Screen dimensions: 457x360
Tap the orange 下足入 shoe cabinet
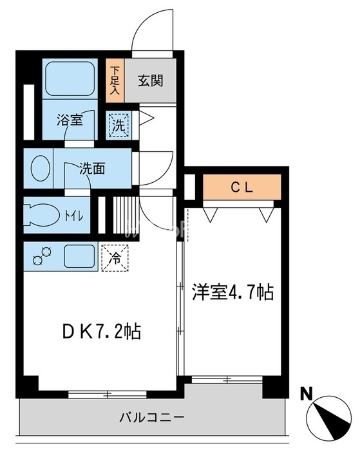click(115, 81)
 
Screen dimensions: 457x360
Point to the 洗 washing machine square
click(118, 125)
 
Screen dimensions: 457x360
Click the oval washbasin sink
click(39, 168)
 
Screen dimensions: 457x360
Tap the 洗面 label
click(91, 169)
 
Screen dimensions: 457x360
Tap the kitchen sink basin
click(79, 256)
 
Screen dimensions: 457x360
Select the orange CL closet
click(242, 188)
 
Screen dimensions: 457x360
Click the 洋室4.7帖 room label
click(232, 294)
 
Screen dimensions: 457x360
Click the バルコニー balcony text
click(153, 416)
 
